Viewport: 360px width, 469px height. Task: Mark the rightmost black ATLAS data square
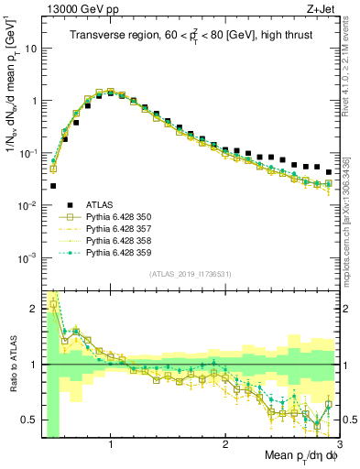329,171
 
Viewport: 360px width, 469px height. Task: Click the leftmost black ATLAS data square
53,185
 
